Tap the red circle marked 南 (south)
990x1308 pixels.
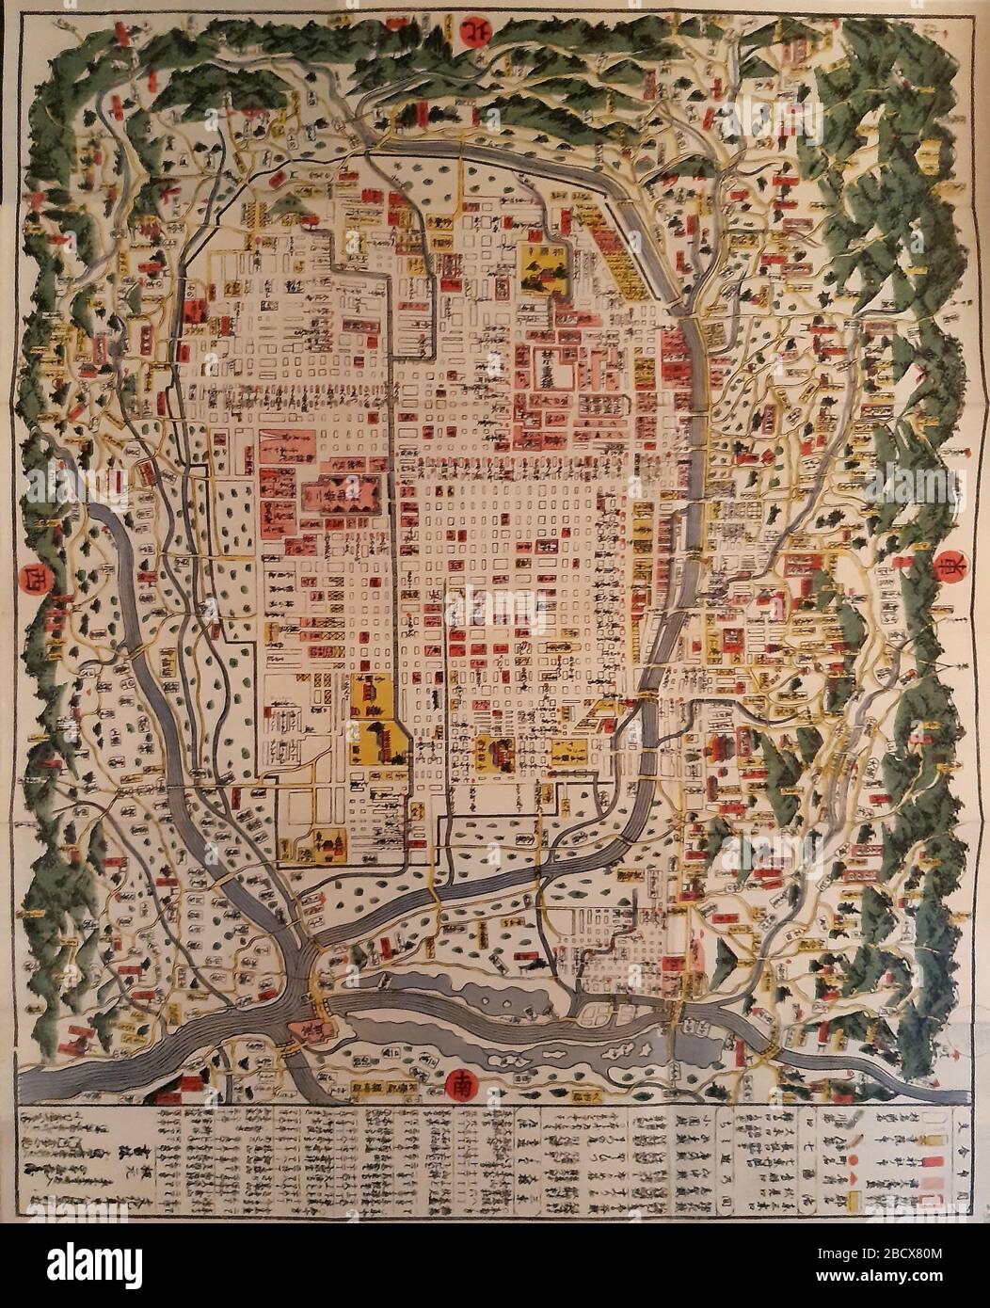pyautogui.click(x=464, y=1083)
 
